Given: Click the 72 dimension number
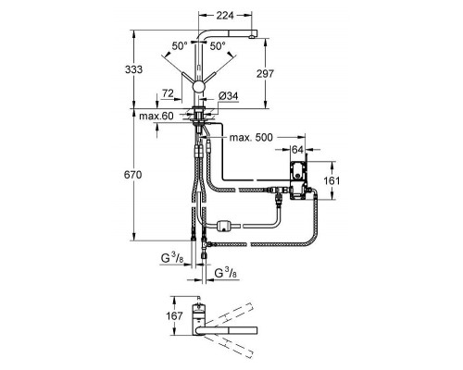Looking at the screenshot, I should (168, 94).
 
